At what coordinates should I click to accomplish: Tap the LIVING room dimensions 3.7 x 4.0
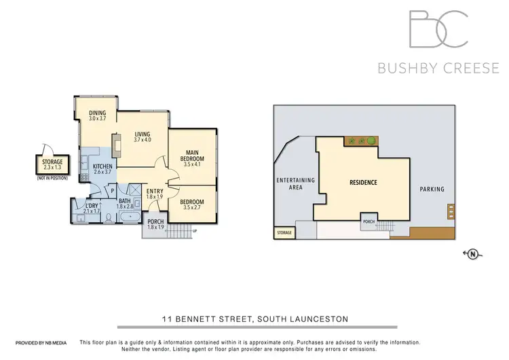coord(142,139)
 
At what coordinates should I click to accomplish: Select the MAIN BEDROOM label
coord(192,155)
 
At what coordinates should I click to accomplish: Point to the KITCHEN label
coord(102,166)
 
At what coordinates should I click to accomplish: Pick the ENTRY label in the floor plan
coord(155,192)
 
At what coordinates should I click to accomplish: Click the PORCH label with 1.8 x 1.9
coord(155,223)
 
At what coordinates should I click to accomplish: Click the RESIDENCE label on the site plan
coord(363,183)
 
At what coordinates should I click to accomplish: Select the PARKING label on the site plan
coord(431,189)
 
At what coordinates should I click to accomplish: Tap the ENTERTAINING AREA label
coord(295,183)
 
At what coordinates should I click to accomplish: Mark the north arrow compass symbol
coord(472,254)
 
